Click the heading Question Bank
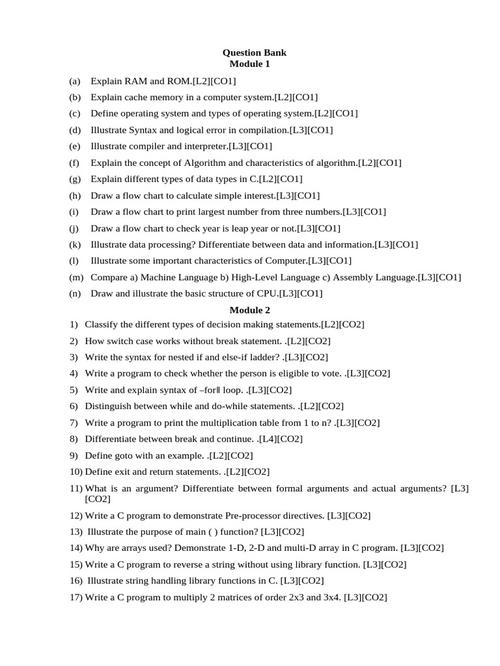point(254,53)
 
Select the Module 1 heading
point(249,64)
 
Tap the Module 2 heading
point(249,310)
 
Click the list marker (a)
point(74,81)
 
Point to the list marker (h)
point(74,195)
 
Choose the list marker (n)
point(74,293)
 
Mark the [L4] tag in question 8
point(267,439)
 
